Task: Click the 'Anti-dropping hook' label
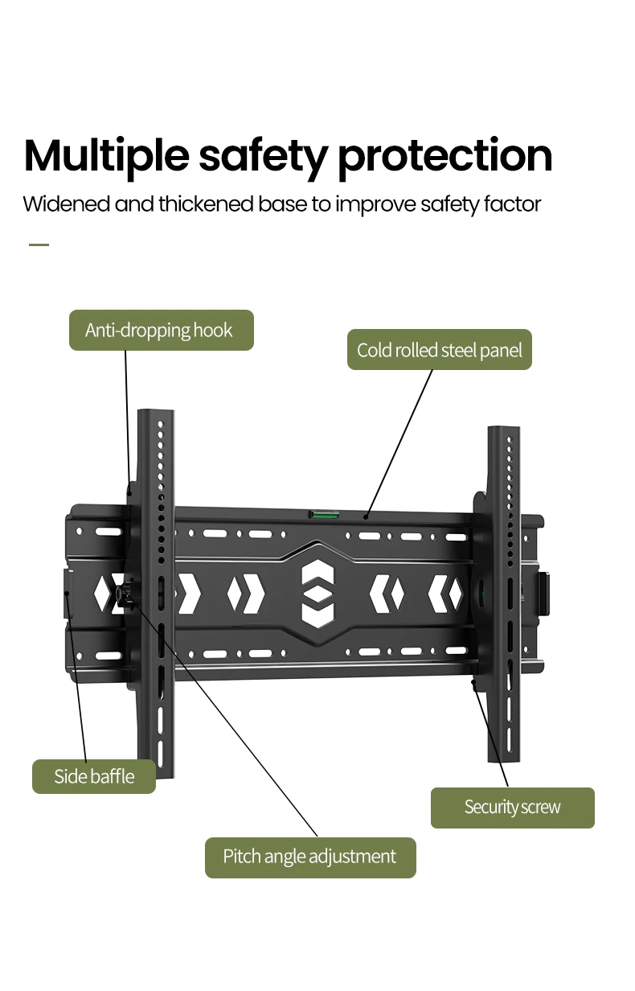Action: (x=162, y=330)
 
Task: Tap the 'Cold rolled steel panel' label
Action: (x=440, y=349)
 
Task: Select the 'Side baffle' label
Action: (x=94, y=776)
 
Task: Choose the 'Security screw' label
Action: (x=513, y=808)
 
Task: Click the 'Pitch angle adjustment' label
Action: (x=310, y=857)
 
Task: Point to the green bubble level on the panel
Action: (x=324, y=515)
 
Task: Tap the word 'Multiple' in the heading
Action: (x=107, y=157)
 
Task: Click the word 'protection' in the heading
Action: (x=445, y=157)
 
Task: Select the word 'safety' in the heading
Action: (x=264, y=157)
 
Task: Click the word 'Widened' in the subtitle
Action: (x=67, y=204)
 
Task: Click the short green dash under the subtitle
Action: (x=39, y=245)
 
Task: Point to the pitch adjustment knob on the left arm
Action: (x=121, y=594)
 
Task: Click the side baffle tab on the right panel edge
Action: (x=543, y=594)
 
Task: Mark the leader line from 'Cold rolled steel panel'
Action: (x=399, y=443)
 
